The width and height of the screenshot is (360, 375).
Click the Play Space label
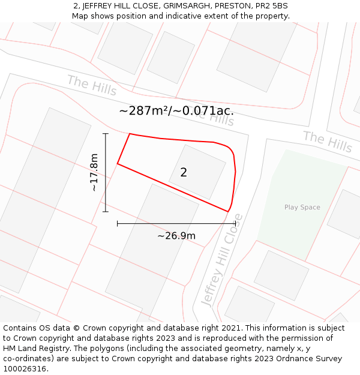click(x=302, y=208)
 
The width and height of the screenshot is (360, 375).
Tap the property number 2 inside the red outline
click(x=184, y=173)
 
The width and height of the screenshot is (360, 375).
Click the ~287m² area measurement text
click(x=176, y=111)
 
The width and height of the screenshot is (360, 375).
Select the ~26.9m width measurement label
click(x=176, y=236)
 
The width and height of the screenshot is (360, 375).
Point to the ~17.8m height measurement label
click(x=94, y=173)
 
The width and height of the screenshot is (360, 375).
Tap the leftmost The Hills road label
click(x=92, y=85)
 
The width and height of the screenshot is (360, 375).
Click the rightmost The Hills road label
click(x=328, y=141)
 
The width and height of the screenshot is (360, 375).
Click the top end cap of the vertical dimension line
click(x=106, y=133)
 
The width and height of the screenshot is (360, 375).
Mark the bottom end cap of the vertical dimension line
click(x=106, y=212)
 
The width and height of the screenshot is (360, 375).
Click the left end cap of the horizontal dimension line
click(x=118, y=223)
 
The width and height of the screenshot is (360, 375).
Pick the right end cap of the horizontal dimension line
click(x=235, y=223)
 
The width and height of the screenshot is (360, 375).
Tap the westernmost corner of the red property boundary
click(x=118, y=163)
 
